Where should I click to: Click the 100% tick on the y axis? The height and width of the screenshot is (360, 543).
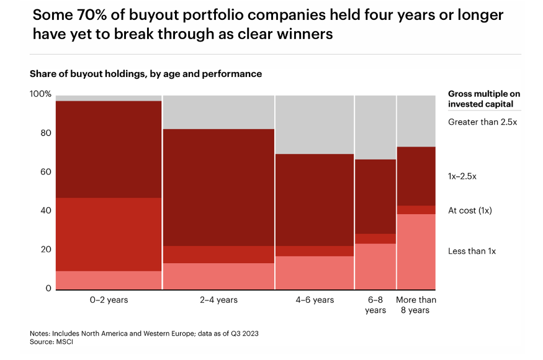coord(40,94)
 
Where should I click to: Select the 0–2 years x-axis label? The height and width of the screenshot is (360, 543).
coord(109,300)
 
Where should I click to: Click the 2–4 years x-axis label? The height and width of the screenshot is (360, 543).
coord(218,300)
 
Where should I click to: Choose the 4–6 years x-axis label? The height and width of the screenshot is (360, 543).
coord(315,300)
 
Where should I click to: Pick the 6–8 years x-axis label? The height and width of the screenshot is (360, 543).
coord(375,305)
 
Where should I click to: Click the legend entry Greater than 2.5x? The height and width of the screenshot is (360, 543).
coord(482,122)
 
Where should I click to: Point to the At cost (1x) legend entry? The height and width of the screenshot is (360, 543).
coord(470,210)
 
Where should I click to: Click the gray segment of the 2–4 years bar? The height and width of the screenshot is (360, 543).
coord(218,112)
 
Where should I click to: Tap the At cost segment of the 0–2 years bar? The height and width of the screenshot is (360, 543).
coord(109,234)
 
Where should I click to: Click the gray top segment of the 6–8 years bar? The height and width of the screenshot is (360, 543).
coord(375,127)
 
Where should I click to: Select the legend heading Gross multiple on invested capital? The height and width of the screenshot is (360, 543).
coord(484,99)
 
